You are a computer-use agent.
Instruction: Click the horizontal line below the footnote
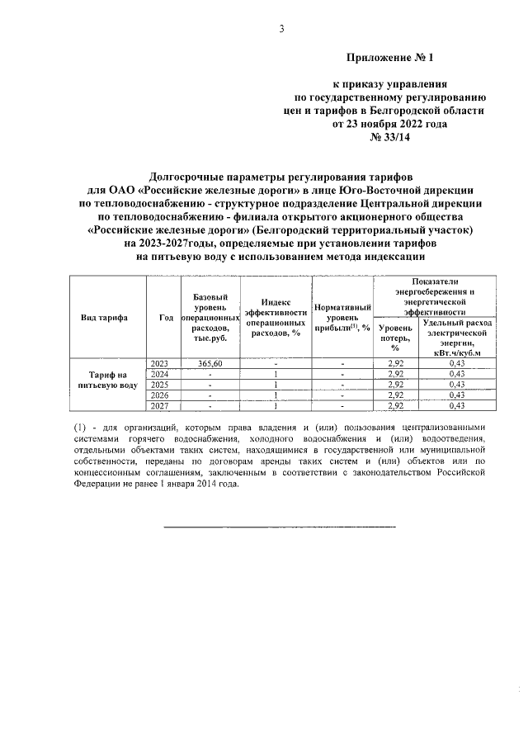280,526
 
